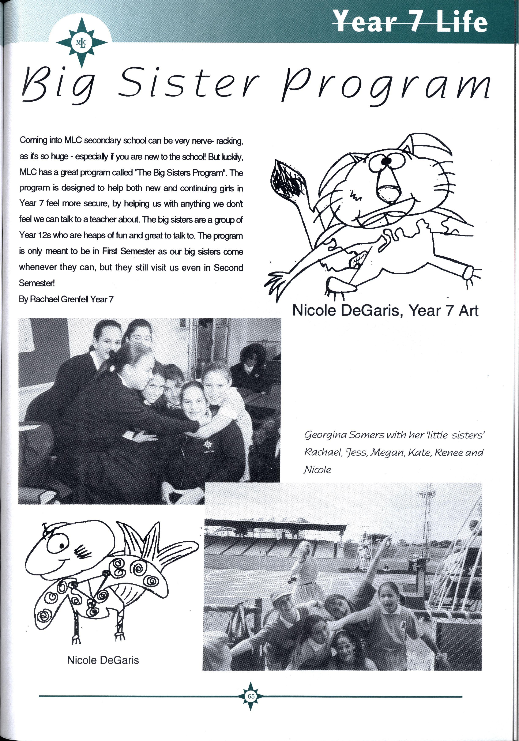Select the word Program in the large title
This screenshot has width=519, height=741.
386,86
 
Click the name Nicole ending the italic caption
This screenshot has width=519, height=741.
317,470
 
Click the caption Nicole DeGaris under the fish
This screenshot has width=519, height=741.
103,660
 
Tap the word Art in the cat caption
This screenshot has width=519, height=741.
468,311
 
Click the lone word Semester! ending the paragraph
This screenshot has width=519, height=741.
37,283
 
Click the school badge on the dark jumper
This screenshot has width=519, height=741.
207,445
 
